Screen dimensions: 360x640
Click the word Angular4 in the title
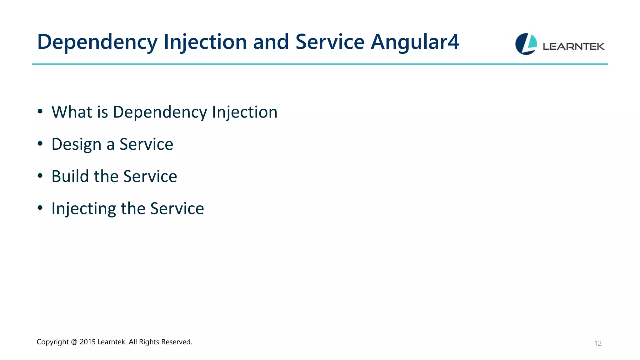415,42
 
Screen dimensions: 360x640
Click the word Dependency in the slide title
97,42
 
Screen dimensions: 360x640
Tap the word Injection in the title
205,42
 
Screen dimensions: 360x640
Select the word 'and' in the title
271,42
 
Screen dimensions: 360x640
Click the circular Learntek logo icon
526,44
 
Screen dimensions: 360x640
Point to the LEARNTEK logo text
573,47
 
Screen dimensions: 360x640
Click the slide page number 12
597,343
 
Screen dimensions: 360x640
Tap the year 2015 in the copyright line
87,342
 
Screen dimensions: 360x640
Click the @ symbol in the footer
74,342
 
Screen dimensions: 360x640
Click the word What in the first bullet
72,112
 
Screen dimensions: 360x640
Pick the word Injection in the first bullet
245,112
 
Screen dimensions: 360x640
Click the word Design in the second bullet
77,144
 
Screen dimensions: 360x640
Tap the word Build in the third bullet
70,176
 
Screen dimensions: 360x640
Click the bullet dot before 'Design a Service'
40,144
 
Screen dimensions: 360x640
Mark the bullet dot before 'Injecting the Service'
40,208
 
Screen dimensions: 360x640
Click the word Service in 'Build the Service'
150,176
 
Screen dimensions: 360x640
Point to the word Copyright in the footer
52,342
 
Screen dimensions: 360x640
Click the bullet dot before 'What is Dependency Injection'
40,112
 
